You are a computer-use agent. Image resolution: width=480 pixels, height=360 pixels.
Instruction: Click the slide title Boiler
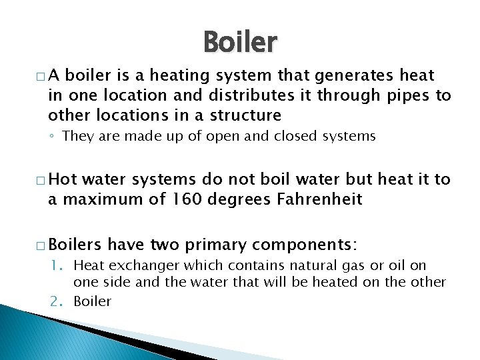pyautogui.click(x=239, y=43)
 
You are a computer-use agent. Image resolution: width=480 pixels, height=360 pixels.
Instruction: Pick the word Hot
pyautogui.click(x=63, y=179)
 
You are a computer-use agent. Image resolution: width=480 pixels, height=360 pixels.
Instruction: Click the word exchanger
pyautogui.click(x=137, y=267)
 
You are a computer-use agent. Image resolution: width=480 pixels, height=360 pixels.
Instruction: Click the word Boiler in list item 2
pyautogui.click(x=92, y=301)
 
